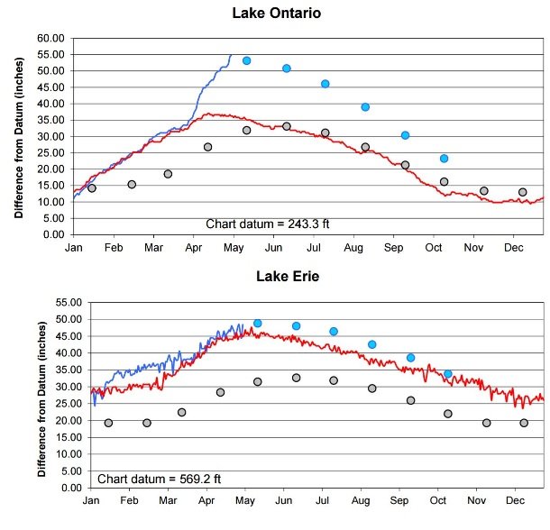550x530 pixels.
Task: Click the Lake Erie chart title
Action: click(278, 276)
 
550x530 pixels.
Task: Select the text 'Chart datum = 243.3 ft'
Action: click(261, 224)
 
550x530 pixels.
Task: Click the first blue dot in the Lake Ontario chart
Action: click(246, 60)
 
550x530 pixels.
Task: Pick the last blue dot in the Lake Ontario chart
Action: click(444, 159)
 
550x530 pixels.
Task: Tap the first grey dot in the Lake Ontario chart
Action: click(92, 188)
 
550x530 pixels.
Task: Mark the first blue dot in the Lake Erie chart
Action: click(257, 323)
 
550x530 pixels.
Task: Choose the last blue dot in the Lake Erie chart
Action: click(448, 374)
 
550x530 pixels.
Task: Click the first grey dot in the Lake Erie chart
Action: click(108, 423)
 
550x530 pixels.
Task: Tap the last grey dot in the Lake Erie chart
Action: click(524, 423)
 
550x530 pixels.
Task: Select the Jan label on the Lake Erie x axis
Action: click(91, 501)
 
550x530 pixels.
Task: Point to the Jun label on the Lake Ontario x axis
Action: click(273, 247)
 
